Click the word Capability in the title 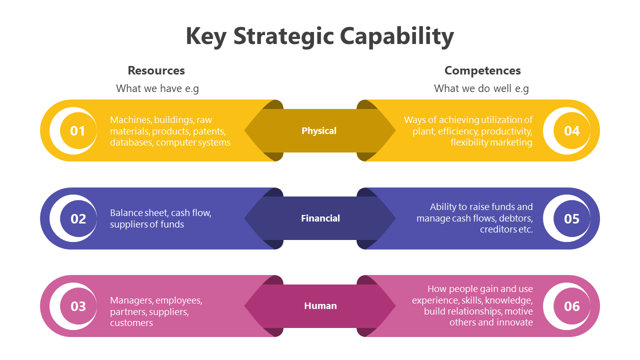click(x=396, y=36)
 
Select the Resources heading click(x=156, y=70)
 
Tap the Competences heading click(x=482, y=70)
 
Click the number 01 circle click(x=77, y=131)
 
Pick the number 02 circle click(x=78, y=218)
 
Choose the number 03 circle click(x=78, y=306)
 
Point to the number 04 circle click(x=571, y=131)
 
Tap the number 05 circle click(x=571, y=218)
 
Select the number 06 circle click(x=571, y=306)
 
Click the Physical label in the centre click(x=319, y=131)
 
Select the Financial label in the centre click(x=320, y=218)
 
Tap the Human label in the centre click(x=320, y=306)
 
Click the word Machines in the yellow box click(x=130, y=120)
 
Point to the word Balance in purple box click(x=126, y=213)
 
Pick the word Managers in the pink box click(x=131, y=300)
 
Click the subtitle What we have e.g click(x=157, y=88)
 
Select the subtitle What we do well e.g click(x=481, y=88)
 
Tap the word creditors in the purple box click(x=498, y=229)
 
